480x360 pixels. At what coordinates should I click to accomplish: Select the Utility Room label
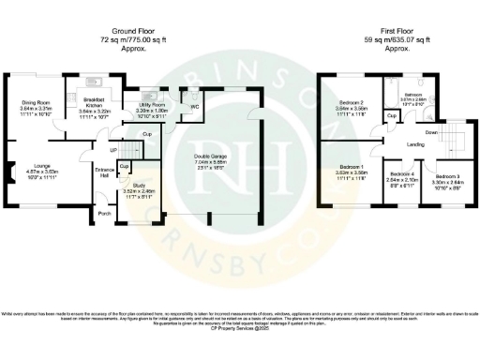(x=152, y=104)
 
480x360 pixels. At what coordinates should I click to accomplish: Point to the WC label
(x=194, y=106)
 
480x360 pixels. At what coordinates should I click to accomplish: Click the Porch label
(x=104, y=213)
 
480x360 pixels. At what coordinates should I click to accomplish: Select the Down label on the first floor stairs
(x=430, y=132)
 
